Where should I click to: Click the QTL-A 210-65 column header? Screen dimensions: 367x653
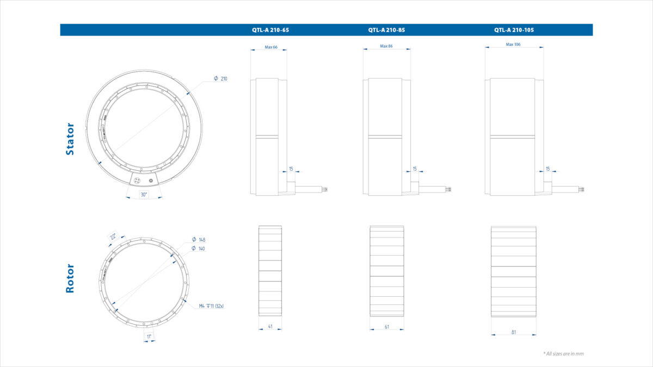pos(270,30)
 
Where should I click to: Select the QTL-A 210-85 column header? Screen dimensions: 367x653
pos(386,30)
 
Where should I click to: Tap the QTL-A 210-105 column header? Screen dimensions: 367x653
pos(514,30)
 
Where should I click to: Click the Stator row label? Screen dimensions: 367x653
pos(70,139)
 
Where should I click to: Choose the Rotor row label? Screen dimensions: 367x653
pos(70,278)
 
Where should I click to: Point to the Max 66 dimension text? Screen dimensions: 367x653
pos(271,47)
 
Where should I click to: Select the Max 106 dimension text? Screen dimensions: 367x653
pos(513,45)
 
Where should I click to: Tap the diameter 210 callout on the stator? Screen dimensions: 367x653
pos(220,79)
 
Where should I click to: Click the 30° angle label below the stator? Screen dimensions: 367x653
pos(144,194)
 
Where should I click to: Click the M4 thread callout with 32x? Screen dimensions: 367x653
pos(211,306)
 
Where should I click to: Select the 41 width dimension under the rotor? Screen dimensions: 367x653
pos(270,327)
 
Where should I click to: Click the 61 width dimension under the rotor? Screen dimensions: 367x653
pos(386,327)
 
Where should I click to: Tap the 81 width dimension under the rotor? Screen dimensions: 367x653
pos(513,332)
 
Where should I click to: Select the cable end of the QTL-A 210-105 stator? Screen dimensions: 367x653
pos(580,189)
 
